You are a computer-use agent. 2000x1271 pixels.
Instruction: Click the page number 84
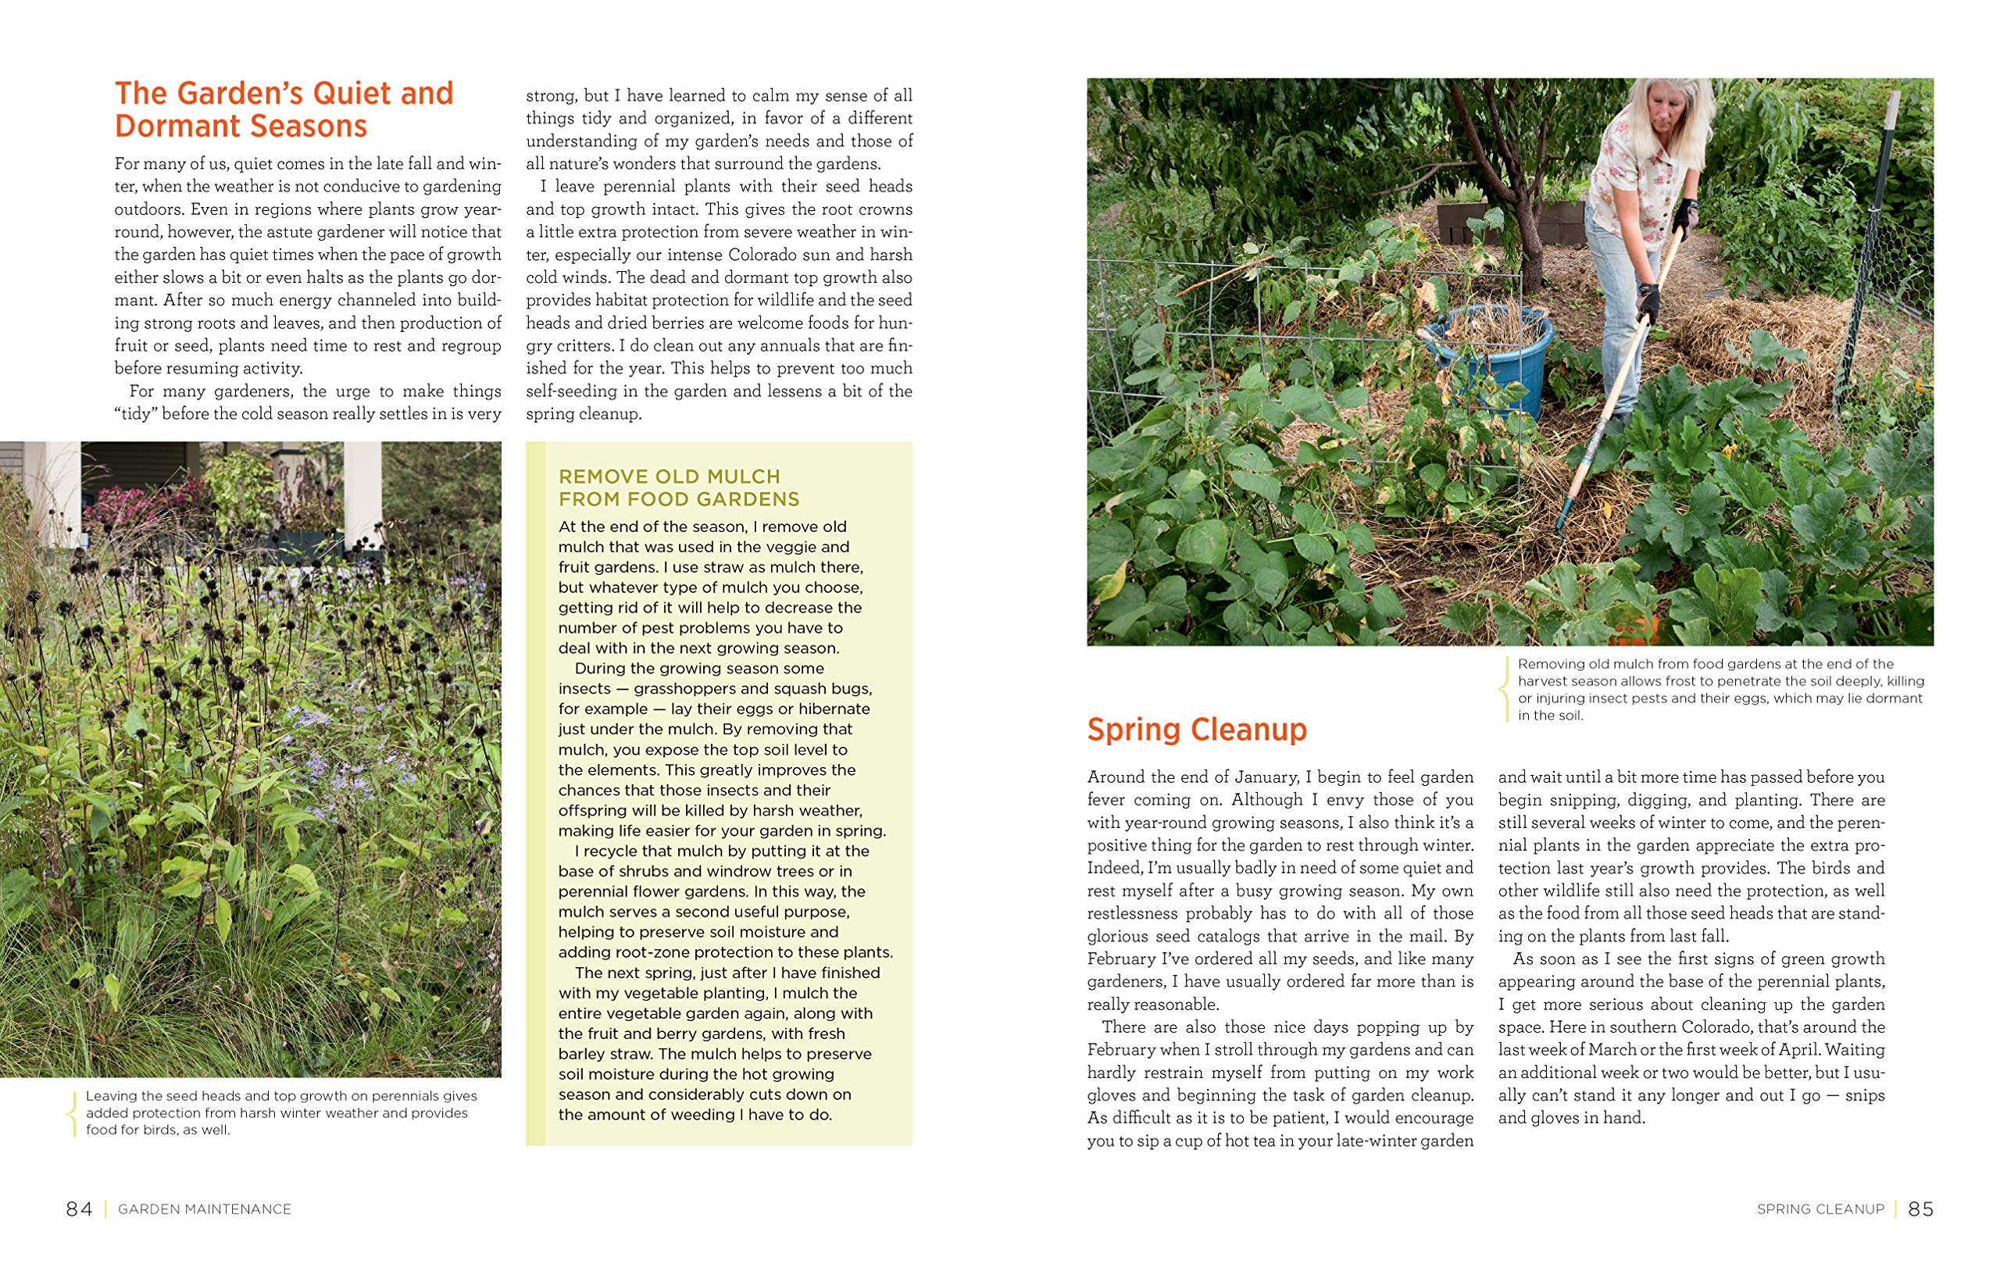point(79,1209)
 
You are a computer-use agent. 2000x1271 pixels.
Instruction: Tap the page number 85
point(1920,1209)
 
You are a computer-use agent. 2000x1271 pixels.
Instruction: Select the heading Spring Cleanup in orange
point(1196,730)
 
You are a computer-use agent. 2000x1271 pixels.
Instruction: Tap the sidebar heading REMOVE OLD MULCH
point(670,477)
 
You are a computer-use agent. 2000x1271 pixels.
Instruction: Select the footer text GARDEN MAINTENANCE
point(205,1209)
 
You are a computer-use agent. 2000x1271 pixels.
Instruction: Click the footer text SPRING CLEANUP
point(1820,1209)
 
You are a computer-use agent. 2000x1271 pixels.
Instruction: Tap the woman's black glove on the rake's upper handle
point(1684,215)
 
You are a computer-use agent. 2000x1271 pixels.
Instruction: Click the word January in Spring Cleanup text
point(1260,777)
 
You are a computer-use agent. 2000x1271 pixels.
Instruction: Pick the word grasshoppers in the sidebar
point(684,689)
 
